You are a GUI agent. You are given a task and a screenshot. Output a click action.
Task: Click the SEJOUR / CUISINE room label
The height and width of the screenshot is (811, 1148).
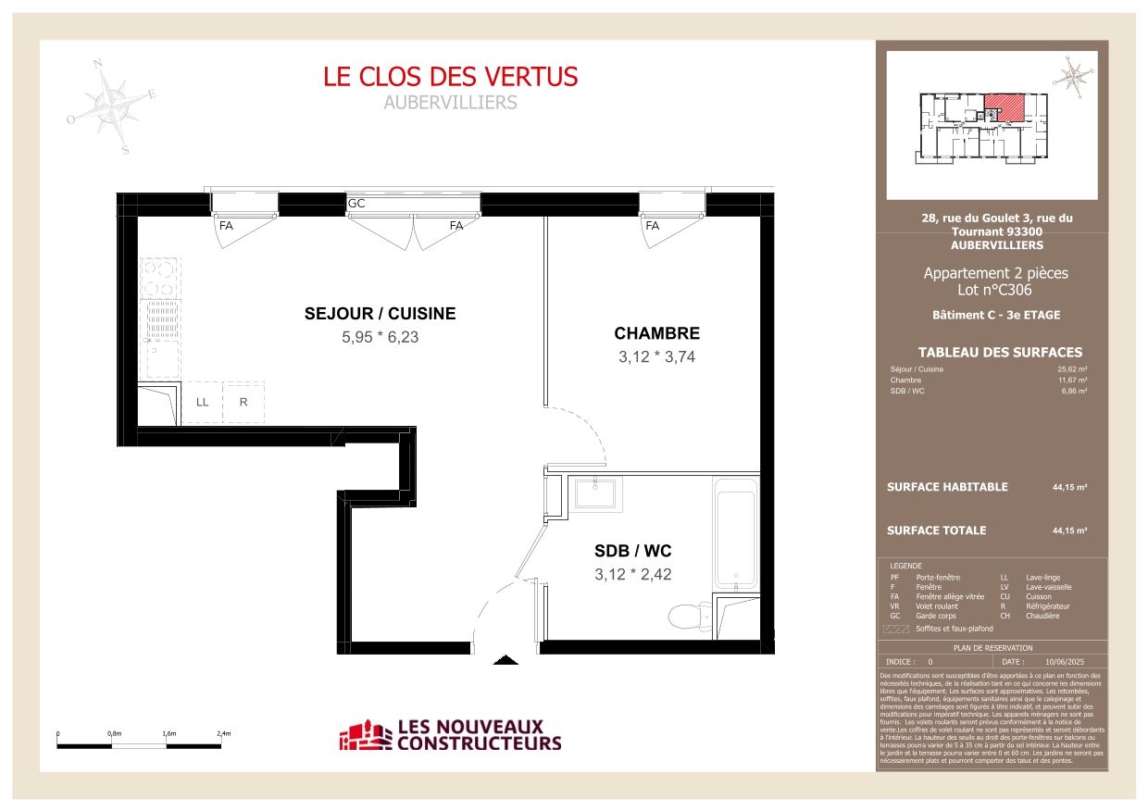click(380, 314)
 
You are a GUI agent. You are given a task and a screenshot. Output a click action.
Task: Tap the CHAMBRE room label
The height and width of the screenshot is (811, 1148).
click(657, 333)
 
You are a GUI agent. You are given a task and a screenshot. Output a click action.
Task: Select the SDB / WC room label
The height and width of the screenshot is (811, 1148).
click(632, 551)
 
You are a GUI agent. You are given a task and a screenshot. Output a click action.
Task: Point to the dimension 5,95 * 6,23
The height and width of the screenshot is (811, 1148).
click(380, 338)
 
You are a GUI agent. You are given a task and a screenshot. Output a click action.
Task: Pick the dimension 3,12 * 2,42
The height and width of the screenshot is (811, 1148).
click(632, 574)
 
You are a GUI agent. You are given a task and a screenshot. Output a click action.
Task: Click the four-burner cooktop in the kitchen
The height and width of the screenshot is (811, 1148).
click(159, 277)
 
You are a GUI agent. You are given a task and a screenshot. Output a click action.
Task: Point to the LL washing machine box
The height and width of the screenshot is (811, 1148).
click(202, 402)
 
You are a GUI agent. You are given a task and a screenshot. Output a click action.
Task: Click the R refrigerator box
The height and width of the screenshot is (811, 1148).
click(243, 402)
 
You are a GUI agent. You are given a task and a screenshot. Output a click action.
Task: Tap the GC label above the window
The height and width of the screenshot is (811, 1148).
click(356, 204)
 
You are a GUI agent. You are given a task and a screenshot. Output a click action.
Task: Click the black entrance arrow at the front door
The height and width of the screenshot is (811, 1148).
click(505, 660)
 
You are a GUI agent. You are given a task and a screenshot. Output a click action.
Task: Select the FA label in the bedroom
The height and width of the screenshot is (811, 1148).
click(652, 225)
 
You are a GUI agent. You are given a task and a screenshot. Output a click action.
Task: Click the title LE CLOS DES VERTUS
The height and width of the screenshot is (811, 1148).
click(450, 76)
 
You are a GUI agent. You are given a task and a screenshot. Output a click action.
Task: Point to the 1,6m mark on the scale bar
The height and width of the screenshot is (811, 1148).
click(168, 733)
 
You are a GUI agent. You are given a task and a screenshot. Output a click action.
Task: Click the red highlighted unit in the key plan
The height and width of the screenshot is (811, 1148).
click(1005, 106)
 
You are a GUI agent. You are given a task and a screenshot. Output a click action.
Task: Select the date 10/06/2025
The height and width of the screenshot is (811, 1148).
click(1063, 662)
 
